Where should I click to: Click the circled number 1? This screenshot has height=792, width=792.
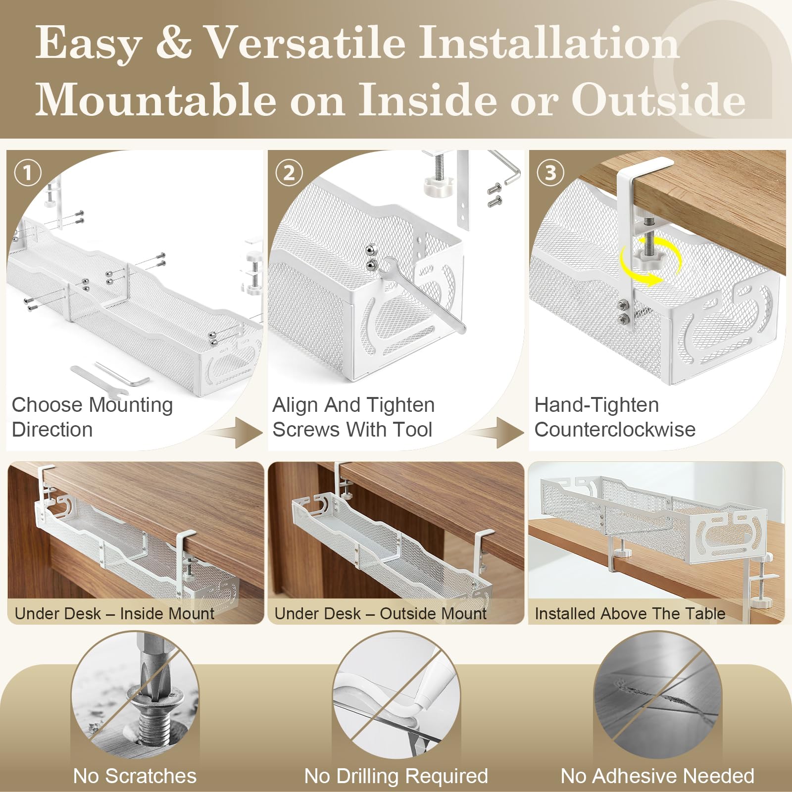[27, 173]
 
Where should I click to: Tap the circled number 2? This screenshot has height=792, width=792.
[289, 173]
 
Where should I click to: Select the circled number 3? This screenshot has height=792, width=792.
[550, 173]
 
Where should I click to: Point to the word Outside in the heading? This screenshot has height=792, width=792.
[659, 99]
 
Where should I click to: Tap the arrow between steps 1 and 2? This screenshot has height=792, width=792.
[236, 432]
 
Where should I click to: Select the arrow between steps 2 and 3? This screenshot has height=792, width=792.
[496, 432]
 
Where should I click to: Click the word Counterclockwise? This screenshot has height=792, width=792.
[615, 430]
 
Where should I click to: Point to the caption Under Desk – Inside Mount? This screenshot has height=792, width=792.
[114, 614]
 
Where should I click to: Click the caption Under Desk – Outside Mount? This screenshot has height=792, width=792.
[380, 614]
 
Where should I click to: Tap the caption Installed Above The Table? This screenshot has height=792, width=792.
[630, 614]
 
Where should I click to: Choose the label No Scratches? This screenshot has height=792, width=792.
[135, 776]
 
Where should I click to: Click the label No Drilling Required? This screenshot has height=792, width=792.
[396, 776]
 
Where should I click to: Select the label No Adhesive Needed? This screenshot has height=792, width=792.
[657, 776]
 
